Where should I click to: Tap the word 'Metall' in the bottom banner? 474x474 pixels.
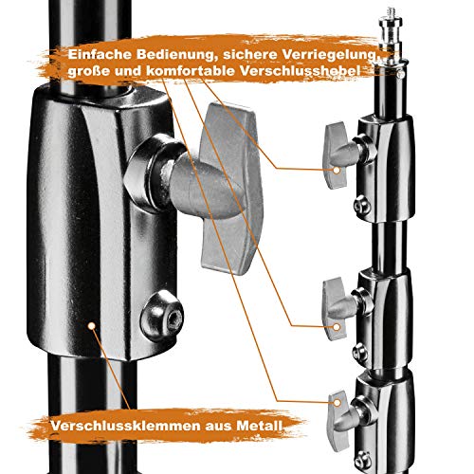click(x=256, y=428)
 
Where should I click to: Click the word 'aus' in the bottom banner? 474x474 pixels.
click(x=210, y=428)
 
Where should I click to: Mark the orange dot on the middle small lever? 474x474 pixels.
click(x=336, y=328)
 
